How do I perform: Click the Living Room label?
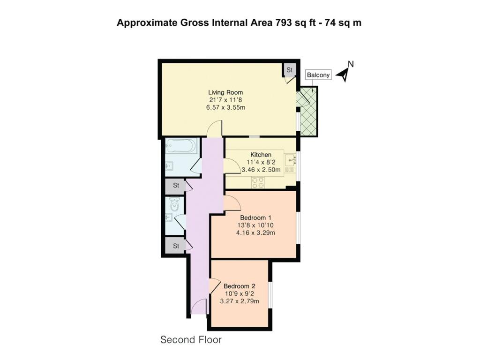point(225,92)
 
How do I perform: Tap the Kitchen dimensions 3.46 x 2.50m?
point(261,170)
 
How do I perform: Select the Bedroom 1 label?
point(255,217)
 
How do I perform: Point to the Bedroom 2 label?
point(240,286)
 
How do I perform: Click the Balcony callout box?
point(318,75)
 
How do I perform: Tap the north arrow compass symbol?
point(345,72)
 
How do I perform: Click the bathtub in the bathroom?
point(180,146)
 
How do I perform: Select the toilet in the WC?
point(174,204)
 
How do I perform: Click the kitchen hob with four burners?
point(258,182)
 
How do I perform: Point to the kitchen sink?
point(290,160)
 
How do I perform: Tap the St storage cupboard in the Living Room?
point(289,70)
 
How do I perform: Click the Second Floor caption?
point(191,339)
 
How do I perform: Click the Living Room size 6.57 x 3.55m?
point(225,107)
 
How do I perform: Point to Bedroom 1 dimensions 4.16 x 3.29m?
point(255,232)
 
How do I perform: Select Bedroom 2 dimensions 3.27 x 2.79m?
point(240,301)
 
